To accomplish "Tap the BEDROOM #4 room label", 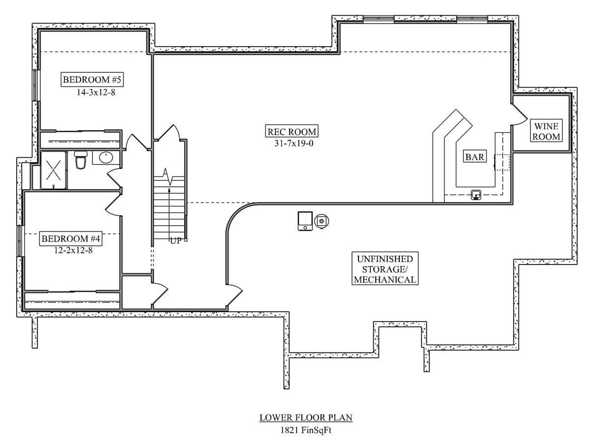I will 71,239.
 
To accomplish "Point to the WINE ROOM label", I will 545,132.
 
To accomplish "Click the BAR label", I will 475,157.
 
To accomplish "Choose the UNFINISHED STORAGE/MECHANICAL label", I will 384,269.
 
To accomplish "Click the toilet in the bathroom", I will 81,160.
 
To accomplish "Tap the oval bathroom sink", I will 106,158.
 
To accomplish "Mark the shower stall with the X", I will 54,170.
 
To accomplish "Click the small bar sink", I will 476,195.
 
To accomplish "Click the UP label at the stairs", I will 176,241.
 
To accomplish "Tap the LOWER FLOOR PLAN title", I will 306,418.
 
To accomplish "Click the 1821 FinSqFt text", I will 306,430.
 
